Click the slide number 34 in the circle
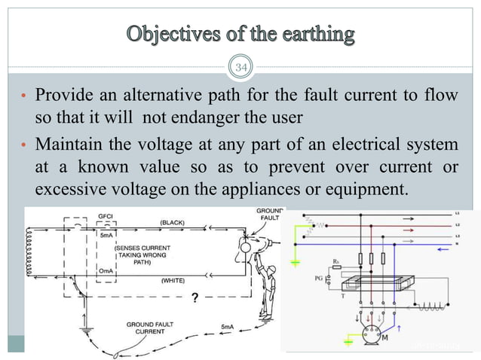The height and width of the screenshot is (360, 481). click(x=242, y=70)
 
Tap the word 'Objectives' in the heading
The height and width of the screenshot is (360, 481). click(x=170, y=34)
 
